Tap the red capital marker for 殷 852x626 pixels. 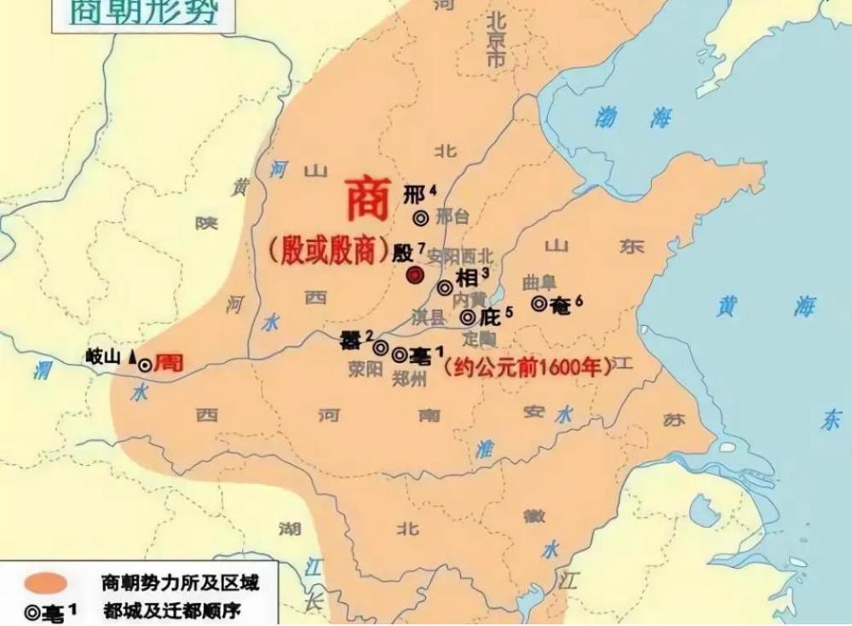pos(415,274)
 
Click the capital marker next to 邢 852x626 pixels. pos(420,218)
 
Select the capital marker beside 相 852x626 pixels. pos(445,288)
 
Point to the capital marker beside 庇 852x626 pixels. pos(468,318)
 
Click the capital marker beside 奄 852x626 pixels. pos(539,303)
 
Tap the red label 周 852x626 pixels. pos(169,363)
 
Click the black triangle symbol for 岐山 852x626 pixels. pos(132,358)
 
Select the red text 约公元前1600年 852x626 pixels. pos(528,367)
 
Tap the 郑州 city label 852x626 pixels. pos(410,379)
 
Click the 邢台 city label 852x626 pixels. pos(452,217)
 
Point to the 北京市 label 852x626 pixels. pos(495,40)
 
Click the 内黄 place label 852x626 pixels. pos(469,299)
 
